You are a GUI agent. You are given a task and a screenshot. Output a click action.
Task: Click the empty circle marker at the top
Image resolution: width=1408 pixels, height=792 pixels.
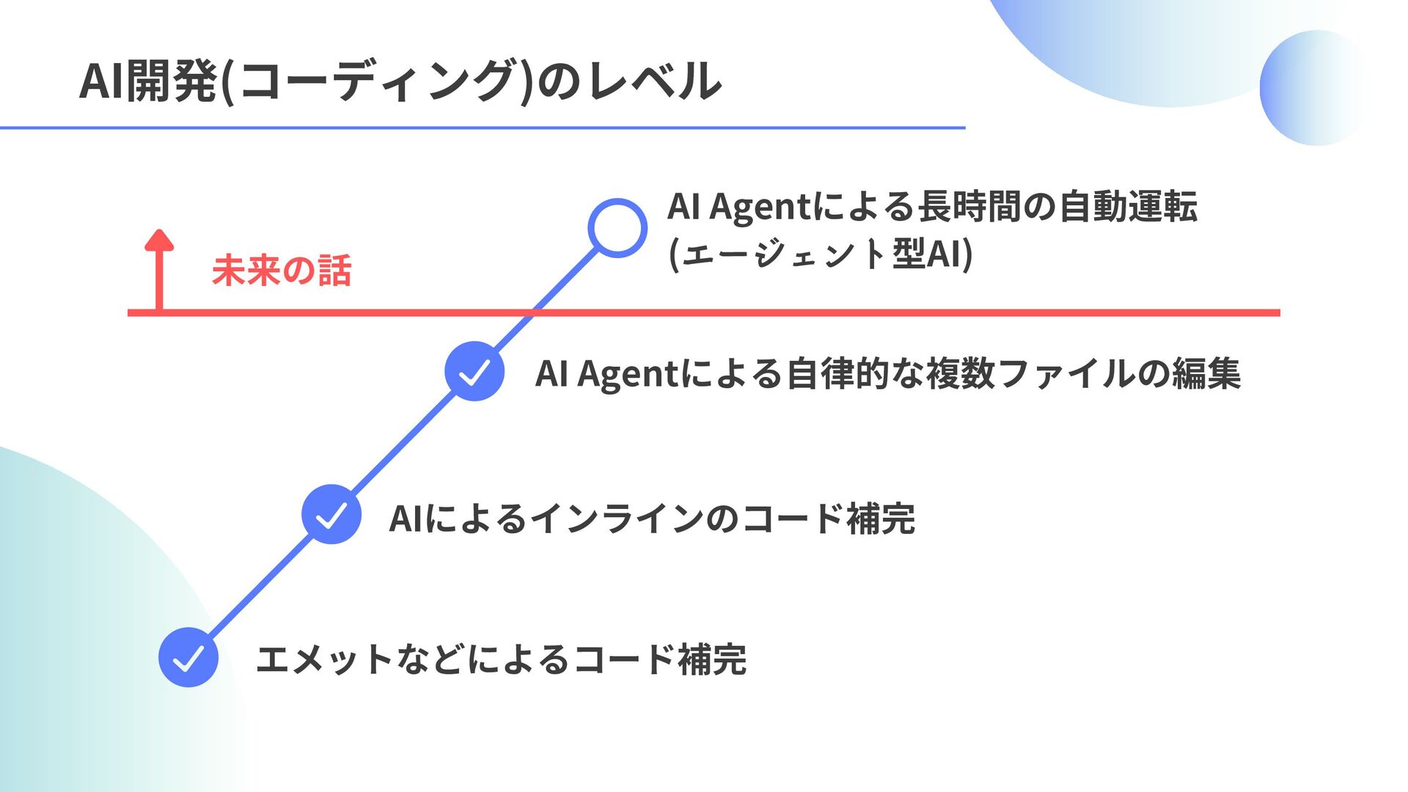tap(617, 228)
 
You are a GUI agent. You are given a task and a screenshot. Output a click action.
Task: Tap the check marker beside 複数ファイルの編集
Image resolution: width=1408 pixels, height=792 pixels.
tap(474, 371)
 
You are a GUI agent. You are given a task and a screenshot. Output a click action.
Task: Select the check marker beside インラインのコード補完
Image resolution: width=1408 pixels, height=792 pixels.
tap(331, 514)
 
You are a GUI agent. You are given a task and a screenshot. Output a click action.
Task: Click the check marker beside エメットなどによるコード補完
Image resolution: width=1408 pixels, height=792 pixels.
tap(188, 657)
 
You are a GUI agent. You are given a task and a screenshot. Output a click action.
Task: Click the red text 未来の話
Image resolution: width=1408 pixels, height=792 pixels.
tap(282, 270)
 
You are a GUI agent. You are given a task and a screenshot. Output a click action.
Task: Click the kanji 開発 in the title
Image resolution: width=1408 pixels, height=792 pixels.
tap(172, 81)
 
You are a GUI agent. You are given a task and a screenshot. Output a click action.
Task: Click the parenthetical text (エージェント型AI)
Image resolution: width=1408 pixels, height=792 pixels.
tap(821, 254)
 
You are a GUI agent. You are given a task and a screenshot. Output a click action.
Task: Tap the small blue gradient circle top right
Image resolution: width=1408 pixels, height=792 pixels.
tap(1316, 88)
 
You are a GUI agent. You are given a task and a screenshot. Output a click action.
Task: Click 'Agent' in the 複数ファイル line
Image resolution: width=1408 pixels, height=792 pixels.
tap(628, 373)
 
